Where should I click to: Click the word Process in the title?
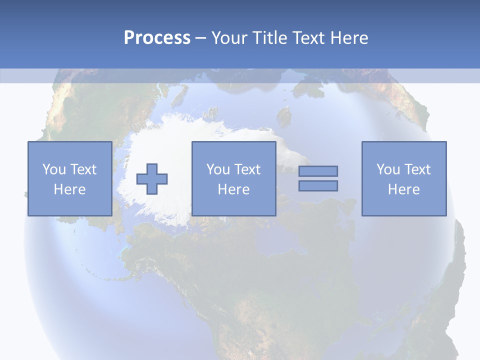coord(157,38)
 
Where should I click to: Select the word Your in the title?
coord(227,38)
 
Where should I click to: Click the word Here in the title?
coord(349,38)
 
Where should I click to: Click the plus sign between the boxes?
coord(152,178)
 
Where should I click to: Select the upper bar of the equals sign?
coord(318,171)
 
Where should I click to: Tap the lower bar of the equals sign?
coord(318,185)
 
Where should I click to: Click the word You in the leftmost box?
coord(53,169)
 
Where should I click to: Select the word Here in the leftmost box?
coord(69,189)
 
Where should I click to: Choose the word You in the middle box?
coord(218,169)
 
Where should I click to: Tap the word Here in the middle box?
coord(233,189)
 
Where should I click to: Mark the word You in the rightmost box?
coord(388,169)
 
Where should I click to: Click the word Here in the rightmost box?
coord(403,189)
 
